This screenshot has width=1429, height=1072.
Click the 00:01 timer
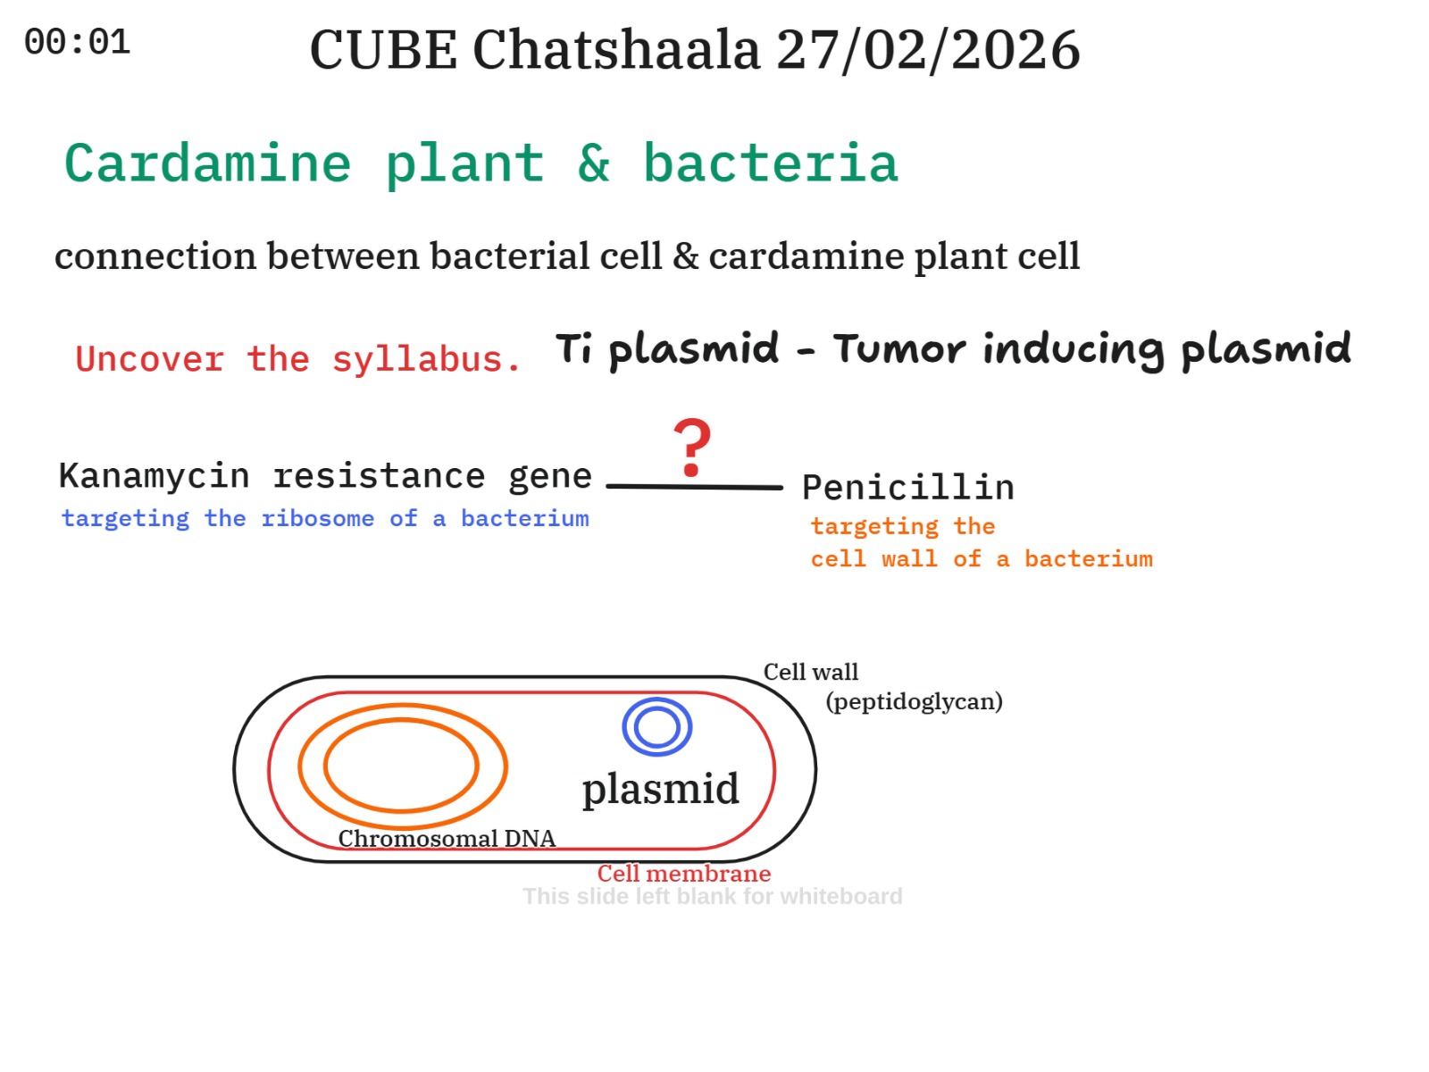click(77, 42)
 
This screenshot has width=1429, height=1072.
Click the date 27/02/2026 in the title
click(928, 50)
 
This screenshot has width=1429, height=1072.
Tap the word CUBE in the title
click(383, 50)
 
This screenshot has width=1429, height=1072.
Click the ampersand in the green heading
click(594, 163)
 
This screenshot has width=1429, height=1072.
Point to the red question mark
click(691, 448)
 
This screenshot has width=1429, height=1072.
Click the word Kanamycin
click(155, 476)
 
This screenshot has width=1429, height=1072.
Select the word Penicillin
click(908, 488)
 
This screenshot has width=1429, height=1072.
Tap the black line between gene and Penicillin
click(694, 486)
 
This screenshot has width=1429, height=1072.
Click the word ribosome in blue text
click(318, 519)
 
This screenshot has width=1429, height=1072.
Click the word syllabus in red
click(426, 359)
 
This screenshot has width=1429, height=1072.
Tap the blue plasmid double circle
click(656, 699)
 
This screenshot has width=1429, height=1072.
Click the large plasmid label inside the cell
click(661, 789)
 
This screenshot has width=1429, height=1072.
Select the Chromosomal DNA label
click(447, 838)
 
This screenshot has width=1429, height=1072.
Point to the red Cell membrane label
click(683, 874)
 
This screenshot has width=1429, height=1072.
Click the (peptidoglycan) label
click(914, 701)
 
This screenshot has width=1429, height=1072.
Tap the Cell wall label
click(811, 672)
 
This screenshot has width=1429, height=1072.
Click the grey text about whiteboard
click(712, 896)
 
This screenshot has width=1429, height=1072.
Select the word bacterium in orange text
click(1088, 559)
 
